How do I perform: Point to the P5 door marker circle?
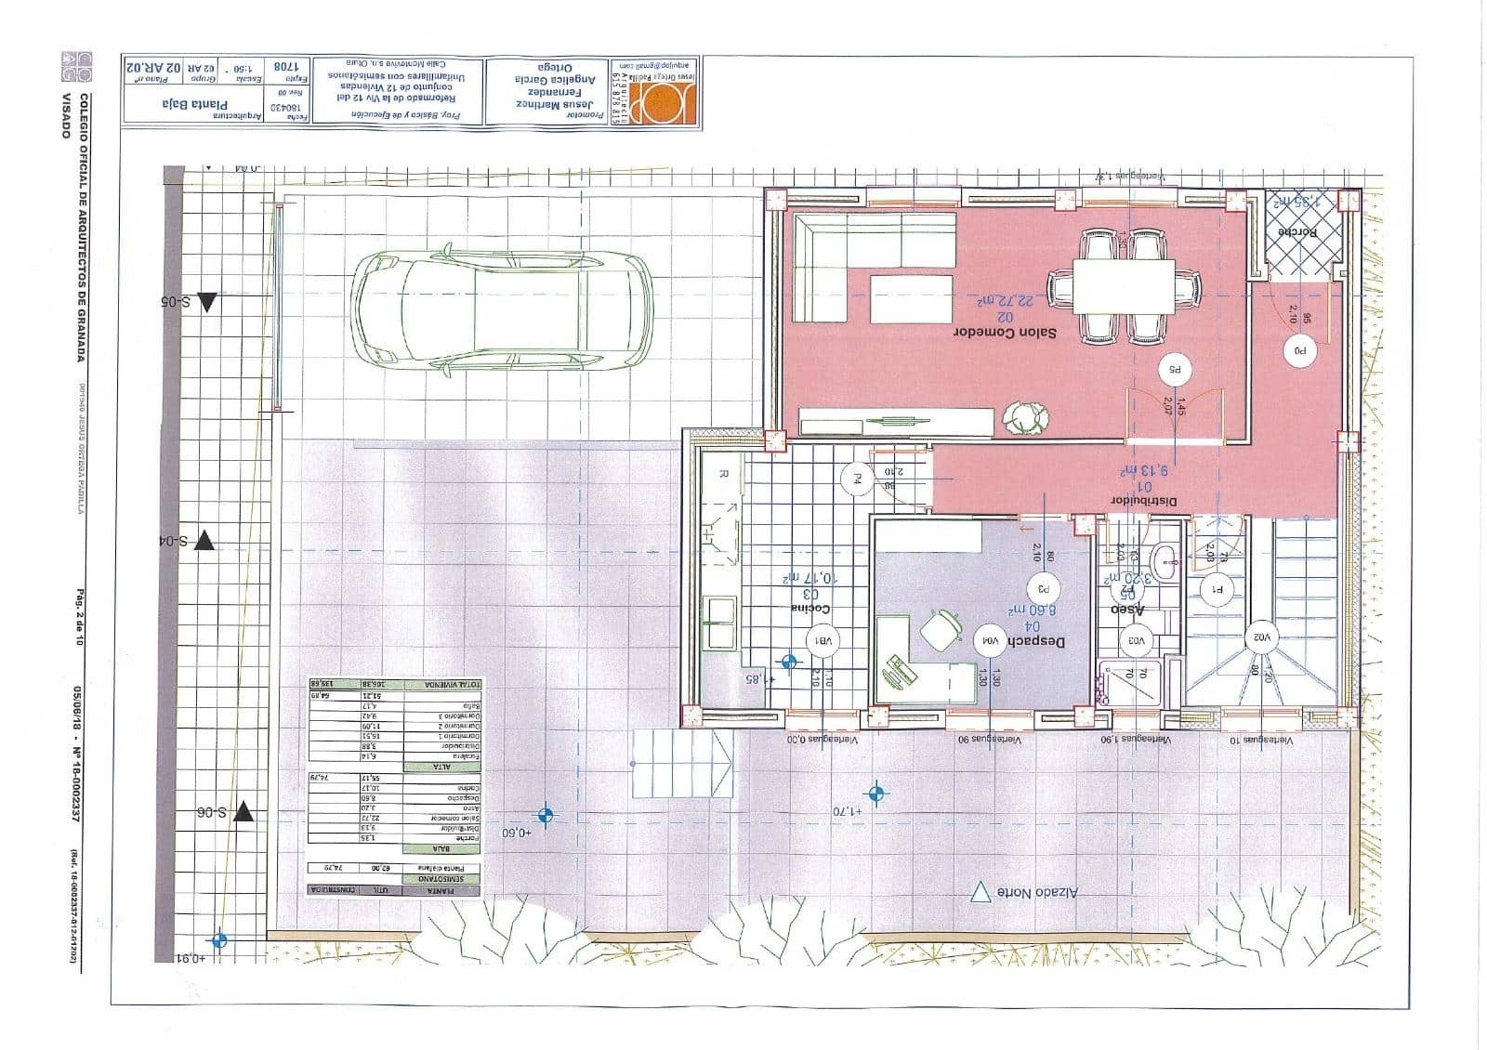coord(1175,370)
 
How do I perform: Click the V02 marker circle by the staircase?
coord(1261,637)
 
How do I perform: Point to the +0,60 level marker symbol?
coord(546,816)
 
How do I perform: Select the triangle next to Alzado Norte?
coord(978,892)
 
